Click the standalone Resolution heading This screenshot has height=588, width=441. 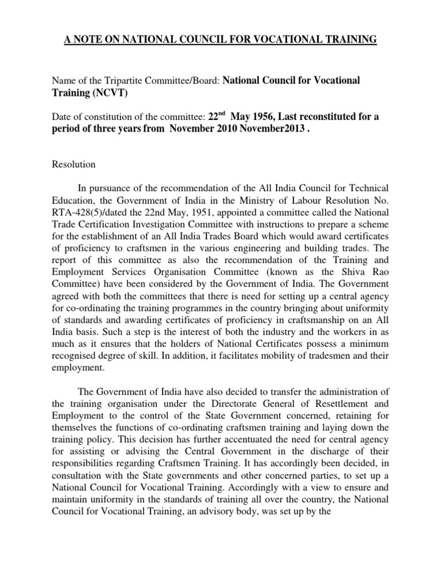point(73,165)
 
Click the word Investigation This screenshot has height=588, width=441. point(156,224)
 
